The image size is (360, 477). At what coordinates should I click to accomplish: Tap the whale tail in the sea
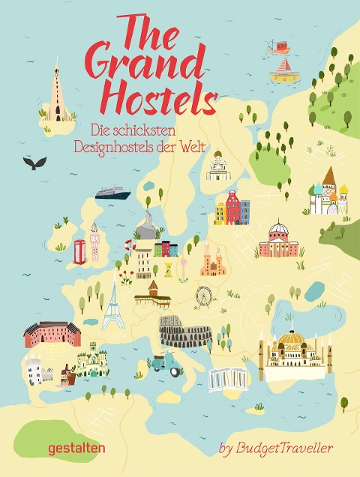coord(34,162)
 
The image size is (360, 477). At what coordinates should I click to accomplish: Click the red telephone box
coord(79,250)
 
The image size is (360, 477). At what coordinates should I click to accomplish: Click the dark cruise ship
coord(112,191)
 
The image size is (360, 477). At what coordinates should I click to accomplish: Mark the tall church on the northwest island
coord(55,94)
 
